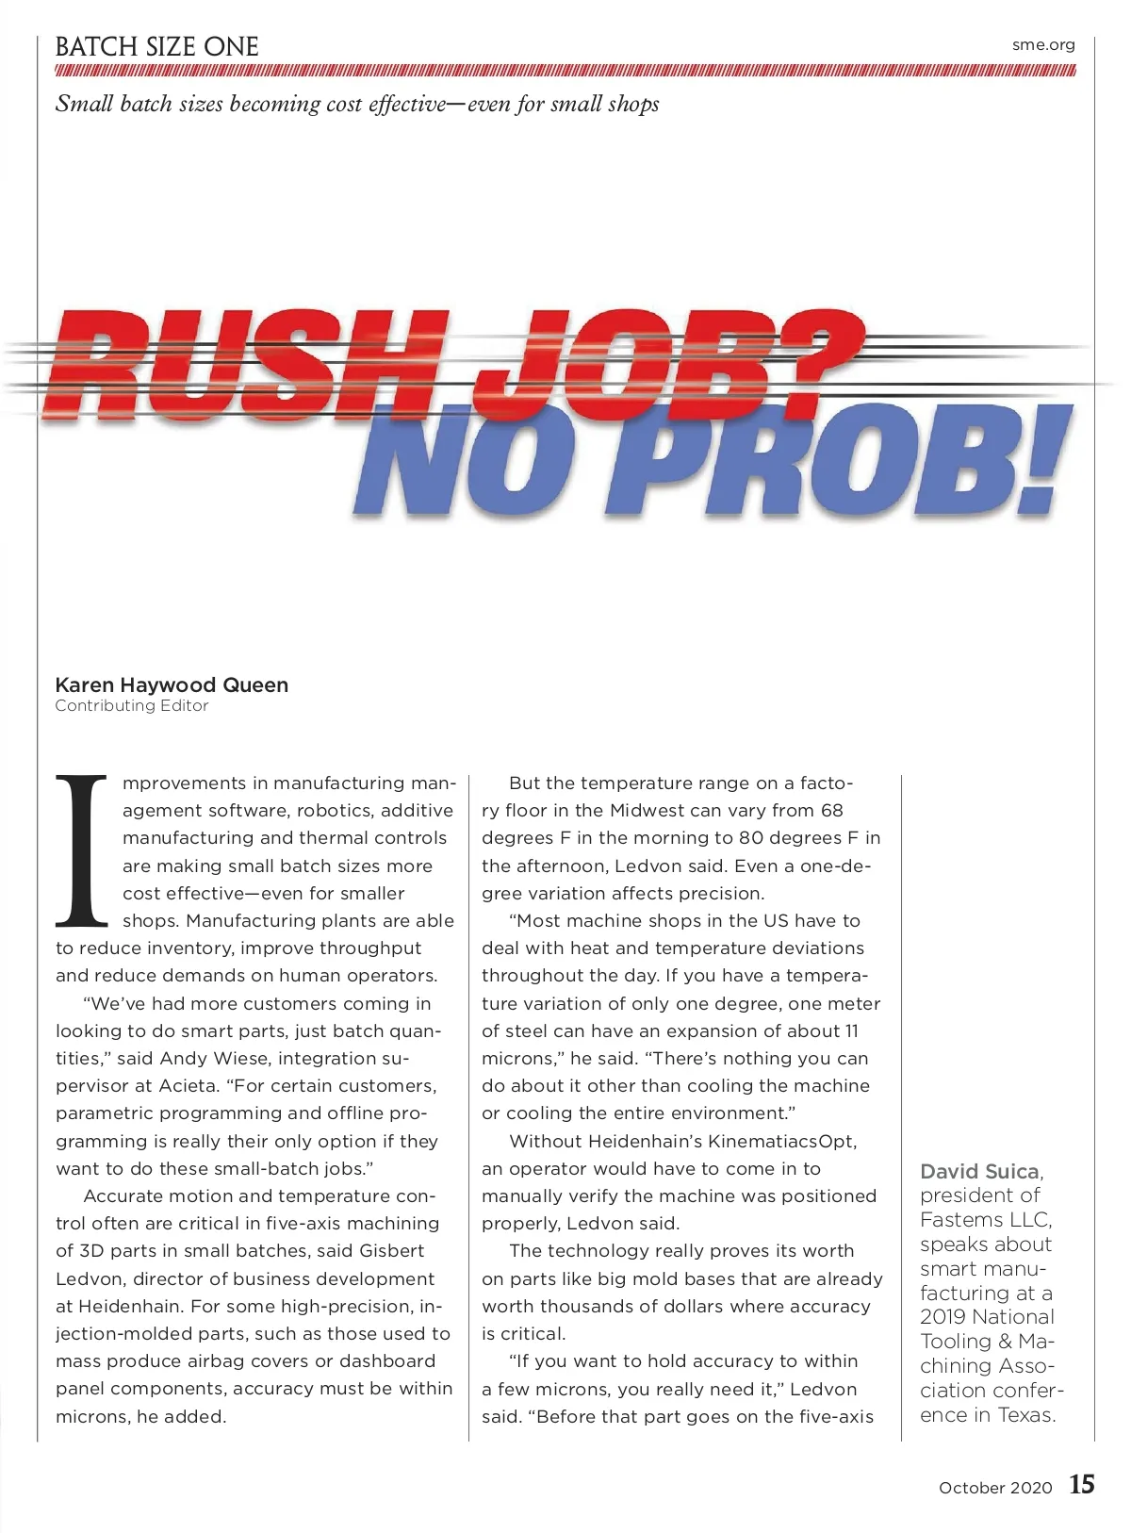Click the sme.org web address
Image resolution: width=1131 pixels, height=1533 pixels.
(x=1043, y=44)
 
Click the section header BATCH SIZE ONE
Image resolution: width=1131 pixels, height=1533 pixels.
(x=156, y=46)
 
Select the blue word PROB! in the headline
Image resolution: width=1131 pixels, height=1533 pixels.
(x=848, y=459)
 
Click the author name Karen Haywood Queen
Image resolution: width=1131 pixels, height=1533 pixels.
(x=172, y=684)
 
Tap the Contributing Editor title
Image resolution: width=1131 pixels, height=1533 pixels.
(x=131, y=705)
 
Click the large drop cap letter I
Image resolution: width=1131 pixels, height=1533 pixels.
(x=82, y=849)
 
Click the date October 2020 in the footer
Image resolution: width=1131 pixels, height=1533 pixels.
(x=994, y=1488)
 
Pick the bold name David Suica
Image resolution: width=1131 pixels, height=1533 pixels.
(x=979, y=1172)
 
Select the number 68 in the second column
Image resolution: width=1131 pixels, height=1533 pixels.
(x=831, y=810)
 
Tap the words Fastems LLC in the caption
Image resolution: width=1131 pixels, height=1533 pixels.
(x=985, y=1219)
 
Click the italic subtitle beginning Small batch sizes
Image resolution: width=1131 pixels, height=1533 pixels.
(x=357, y=104)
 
